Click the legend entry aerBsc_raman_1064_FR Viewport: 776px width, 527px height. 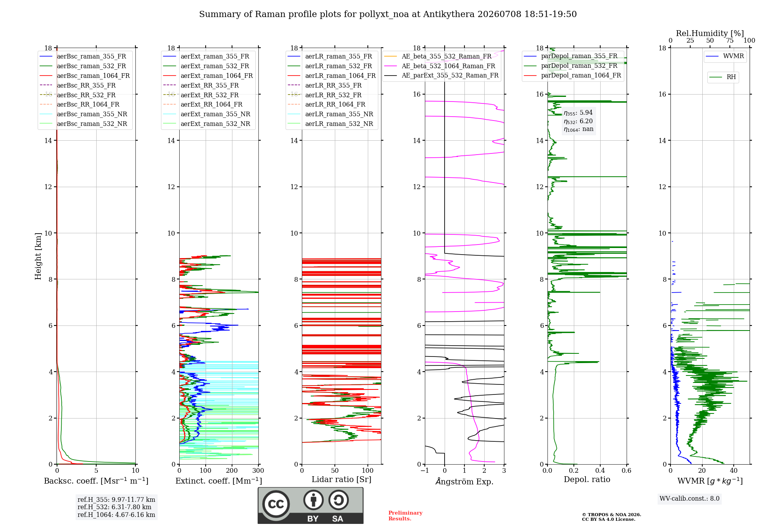tap(85, 76)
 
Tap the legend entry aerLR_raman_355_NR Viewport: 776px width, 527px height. tap(331, 114)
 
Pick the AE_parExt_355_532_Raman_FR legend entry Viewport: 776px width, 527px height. tap(442, 76)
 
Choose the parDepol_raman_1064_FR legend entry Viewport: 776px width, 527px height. tap(573, 76)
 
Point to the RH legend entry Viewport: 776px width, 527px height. tap(722, 77)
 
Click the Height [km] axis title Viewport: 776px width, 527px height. tap(38, 256)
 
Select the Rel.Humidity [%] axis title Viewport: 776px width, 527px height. tap(710, 33)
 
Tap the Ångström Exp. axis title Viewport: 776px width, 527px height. tap(464, 481)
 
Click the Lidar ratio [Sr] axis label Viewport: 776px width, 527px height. tap(341, 480)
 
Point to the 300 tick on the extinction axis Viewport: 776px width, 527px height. tap(258, 471)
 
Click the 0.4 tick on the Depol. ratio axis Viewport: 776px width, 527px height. tap(600, 471)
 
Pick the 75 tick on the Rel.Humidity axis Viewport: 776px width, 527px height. tap(730, 41)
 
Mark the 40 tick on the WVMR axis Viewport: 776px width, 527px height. tap(734, 471)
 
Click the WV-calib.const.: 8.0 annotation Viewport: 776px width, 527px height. tap(689, 499)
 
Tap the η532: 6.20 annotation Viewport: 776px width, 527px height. tap(578, 121)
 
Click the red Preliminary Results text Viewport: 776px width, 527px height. tap(405, 516)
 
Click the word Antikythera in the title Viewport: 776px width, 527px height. tap(449, 14)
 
